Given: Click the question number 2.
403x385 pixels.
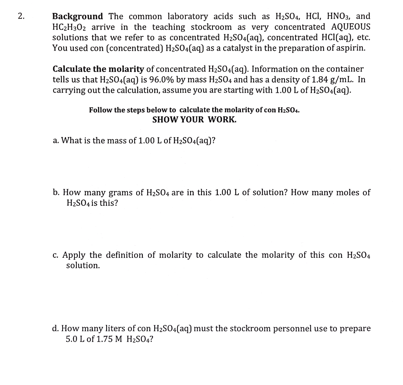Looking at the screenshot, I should [21, 16].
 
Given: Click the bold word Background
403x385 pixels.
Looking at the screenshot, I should [78, 16].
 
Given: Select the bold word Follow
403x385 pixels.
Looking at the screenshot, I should [100, 110].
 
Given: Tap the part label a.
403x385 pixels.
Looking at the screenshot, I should [55, 140].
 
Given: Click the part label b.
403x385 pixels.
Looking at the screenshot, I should [56, 192].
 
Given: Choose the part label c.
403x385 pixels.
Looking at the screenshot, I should [55, 255].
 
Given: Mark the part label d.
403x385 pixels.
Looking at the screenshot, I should [55, 328].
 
